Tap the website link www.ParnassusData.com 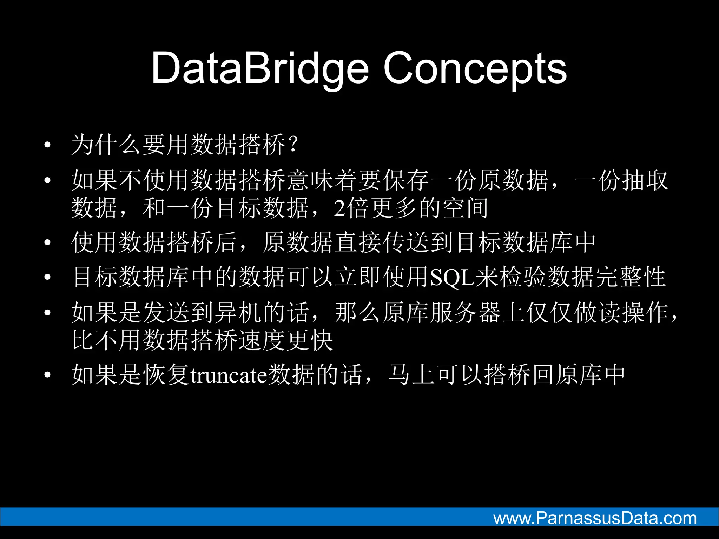tap(595, 518)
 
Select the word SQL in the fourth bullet tap(452, 278)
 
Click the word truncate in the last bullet tap(229, 375)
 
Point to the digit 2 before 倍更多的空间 tap(339, 208)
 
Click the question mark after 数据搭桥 tap(293, 144)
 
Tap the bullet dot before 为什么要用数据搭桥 tap(47, 145)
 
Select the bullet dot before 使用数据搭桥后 tap(47, 242)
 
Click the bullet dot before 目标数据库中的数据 tap(47, 278)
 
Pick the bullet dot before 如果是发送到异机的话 tap(47, 312)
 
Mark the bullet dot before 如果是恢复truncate tap(47, 375)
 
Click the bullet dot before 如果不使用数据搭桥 tap(47, 180)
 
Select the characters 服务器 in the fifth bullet tap(466, 312)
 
